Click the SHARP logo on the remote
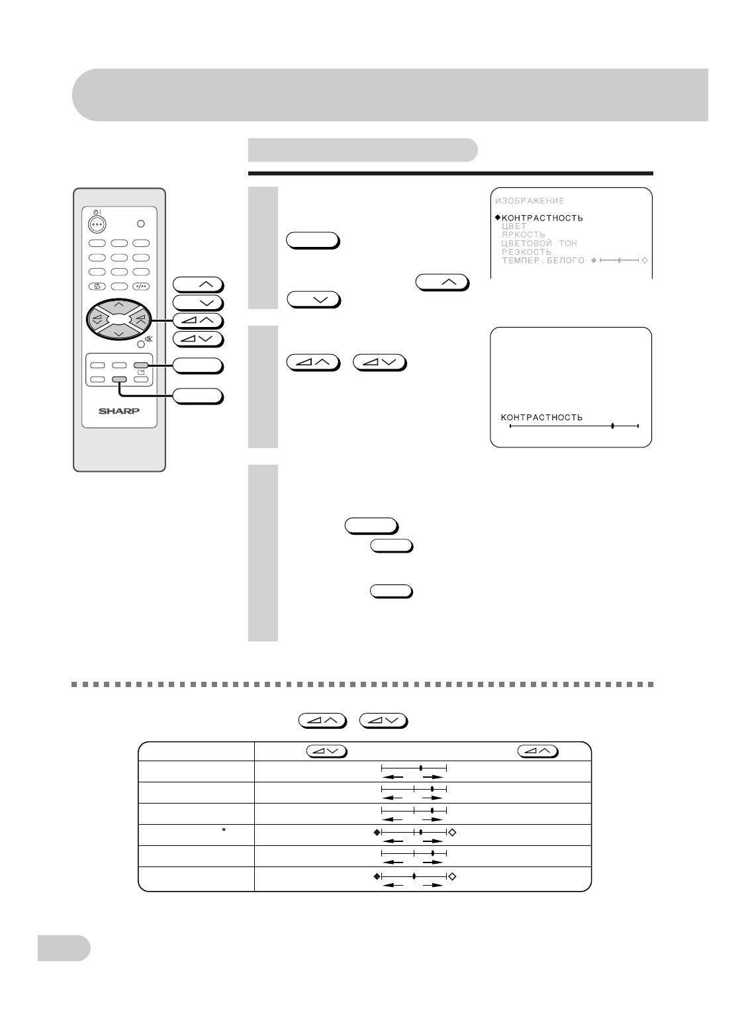pos(119,410)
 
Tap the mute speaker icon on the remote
pos(148,340)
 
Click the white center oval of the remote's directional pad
pos(119,319)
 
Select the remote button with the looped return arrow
pos(97,287)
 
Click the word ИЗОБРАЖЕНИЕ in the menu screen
pos(530,201)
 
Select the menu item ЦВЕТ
pos(514,226)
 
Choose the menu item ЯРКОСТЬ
pos(524,235)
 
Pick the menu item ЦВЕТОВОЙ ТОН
pos(539,244)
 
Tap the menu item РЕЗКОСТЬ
pos(527,252)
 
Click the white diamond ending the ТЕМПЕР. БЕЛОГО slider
pos(645,261)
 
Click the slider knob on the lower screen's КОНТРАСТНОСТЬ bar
pos(613,426)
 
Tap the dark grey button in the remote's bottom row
pos(119,379)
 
